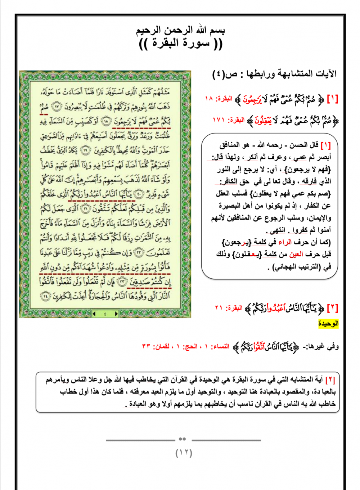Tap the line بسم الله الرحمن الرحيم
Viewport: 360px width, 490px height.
[180, 30]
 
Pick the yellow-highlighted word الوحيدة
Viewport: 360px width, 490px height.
[328, 324]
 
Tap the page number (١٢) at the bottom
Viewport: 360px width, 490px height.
[184, 453]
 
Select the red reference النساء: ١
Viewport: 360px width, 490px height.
[216, 347]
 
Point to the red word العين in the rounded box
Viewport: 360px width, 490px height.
[296, 254]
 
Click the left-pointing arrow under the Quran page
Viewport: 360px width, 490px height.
[94, 314]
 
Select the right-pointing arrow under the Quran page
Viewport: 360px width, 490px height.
[116, 314]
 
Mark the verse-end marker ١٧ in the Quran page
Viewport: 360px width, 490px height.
[57, 106]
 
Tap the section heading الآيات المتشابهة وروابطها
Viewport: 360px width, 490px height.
[288, 74]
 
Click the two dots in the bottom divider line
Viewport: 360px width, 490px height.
[183, 439]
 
